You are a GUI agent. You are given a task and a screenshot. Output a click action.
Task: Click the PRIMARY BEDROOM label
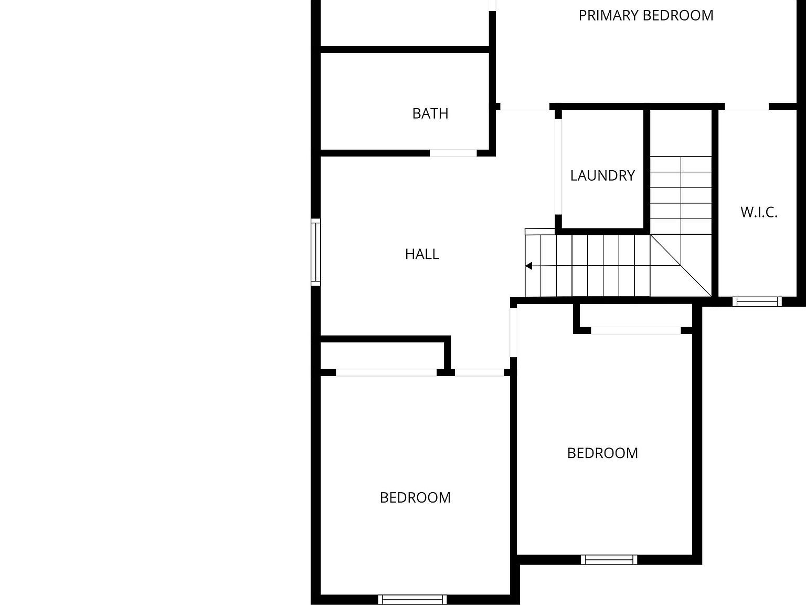pyautogui.click(x=645, y=16)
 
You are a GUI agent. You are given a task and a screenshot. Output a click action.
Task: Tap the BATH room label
pyautogui.click(x=430, y=113)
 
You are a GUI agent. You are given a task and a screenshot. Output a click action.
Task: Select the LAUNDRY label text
pyautogui.click(x=602, y=175)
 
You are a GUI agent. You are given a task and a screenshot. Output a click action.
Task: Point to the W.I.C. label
pyautogui.click(x=758, y=212)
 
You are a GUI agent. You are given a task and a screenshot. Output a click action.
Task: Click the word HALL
pyautogui.click(x=422, y=254)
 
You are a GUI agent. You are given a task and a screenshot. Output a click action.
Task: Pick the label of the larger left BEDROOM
pyautogui.click(x=415, y=497)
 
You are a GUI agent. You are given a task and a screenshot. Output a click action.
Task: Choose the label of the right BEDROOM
pyautogui.click(x=602, y=453)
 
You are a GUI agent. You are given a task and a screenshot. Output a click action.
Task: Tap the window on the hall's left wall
pyautogui.click(x=315, y=252)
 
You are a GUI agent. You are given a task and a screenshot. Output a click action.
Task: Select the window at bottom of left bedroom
pyautogui.click(x=412, y=599)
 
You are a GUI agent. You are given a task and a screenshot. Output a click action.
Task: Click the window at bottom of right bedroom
pyautogui.click(x=609, y=559)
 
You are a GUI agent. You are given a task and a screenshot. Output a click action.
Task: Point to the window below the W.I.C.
pyautogui.click(x=757, y=301)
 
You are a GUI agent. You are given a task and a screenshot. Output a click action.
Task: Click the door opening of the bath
pyautogui.click(x=453, y=153)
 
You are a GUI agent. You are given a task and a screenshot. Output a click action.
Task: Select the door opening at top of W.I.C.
pyautogui.click(x=746, y=107)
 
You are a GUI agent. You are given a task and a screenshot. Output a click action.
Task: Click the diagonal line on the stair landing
pyautogui.click(x=681, y=266)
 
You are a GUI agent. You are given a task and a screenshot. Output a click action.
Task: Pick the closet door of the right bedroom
pyautogui.click(x=635, y=330)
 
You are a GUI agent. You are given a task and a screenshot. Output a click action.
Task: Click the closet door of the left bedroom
pyautogui.click(x=386, y=372)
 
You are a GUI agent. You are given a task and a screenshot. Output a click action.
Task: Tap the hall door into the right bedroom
pyautogui.click(x=513, y=332)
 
